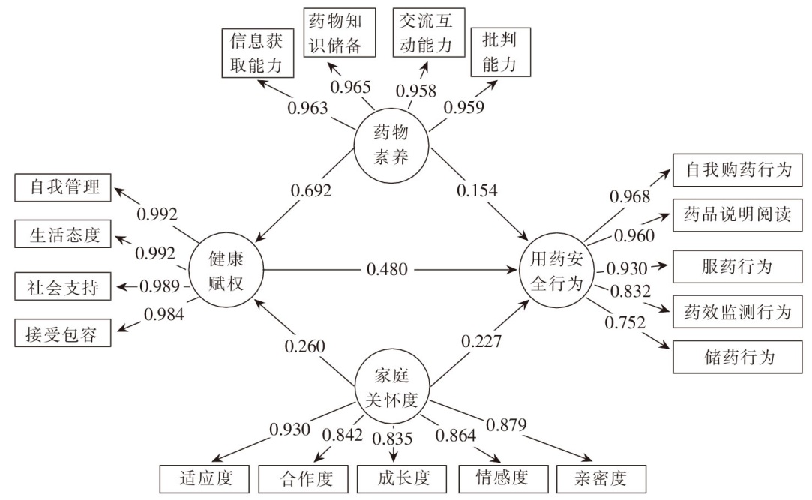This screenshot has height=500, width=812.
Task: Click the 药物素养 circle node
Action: click(x=391, y=145)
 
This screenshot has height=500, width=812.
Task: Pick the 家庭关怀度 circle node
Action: click(x=391, y=387)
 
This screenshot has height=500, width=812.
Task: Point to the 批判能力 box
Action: click(x=500, y=52)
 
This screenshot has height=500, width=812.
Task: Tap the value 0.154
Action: click(x=477, y=191)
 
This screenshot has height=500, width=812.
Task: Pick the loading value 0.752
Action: click(x=625, y=322)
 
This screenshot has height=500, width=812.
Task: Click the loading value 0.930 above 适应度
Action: click(x=289, y=430)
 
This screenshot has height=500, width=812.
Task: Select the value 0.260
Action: click(x=304, y=346)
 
